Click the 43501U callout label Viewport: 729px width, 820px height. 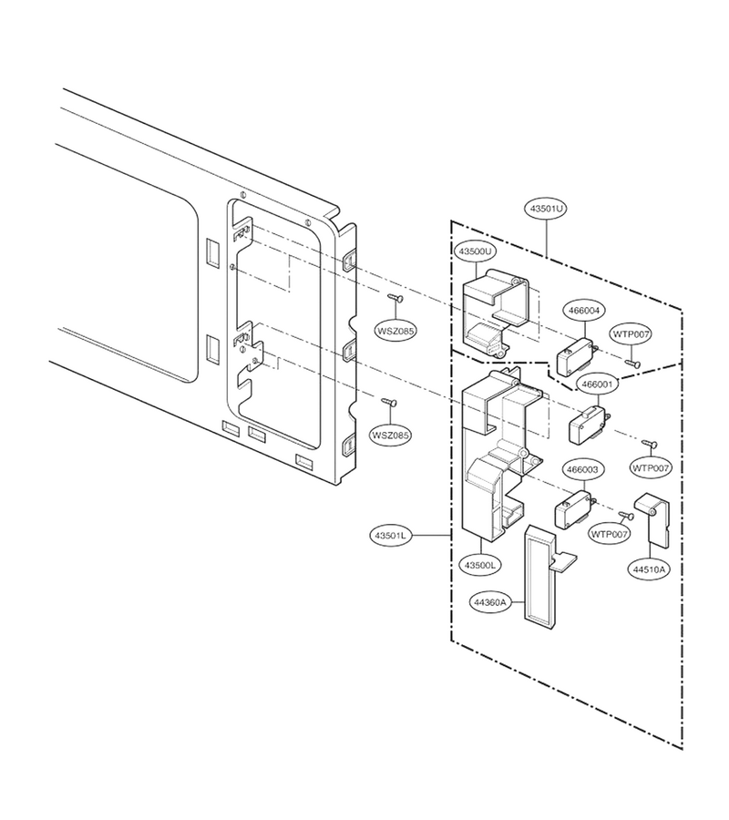coord(546,208)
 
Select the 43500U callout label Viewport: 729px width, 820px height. coord(475,251)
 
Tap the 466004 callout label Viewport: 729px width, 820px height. coord(583,310)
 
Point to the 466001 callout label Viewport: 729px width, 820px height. coord(597,384)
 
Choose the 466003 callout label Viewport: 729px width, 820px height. coord(582,469)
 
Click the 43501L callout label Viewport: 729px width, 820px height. coord(391,536)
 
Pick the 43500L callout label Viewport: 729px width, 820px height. coord(479,565)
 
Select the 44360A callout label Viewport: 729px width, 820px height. coord(490,602)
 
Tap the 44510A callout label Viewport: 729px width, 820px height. coord(649,569)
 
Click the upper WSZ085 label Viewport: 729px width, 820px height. coord(395,331)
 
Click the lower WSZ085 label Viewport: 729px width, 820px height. coord(391,435)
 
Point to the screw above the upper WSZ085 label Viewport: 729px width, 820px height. coord(395,299)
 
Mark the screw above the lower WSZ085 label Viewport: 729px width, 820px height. coord(388,402)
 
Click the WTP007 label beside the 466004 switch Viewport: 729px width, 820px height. coord(631,333)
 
